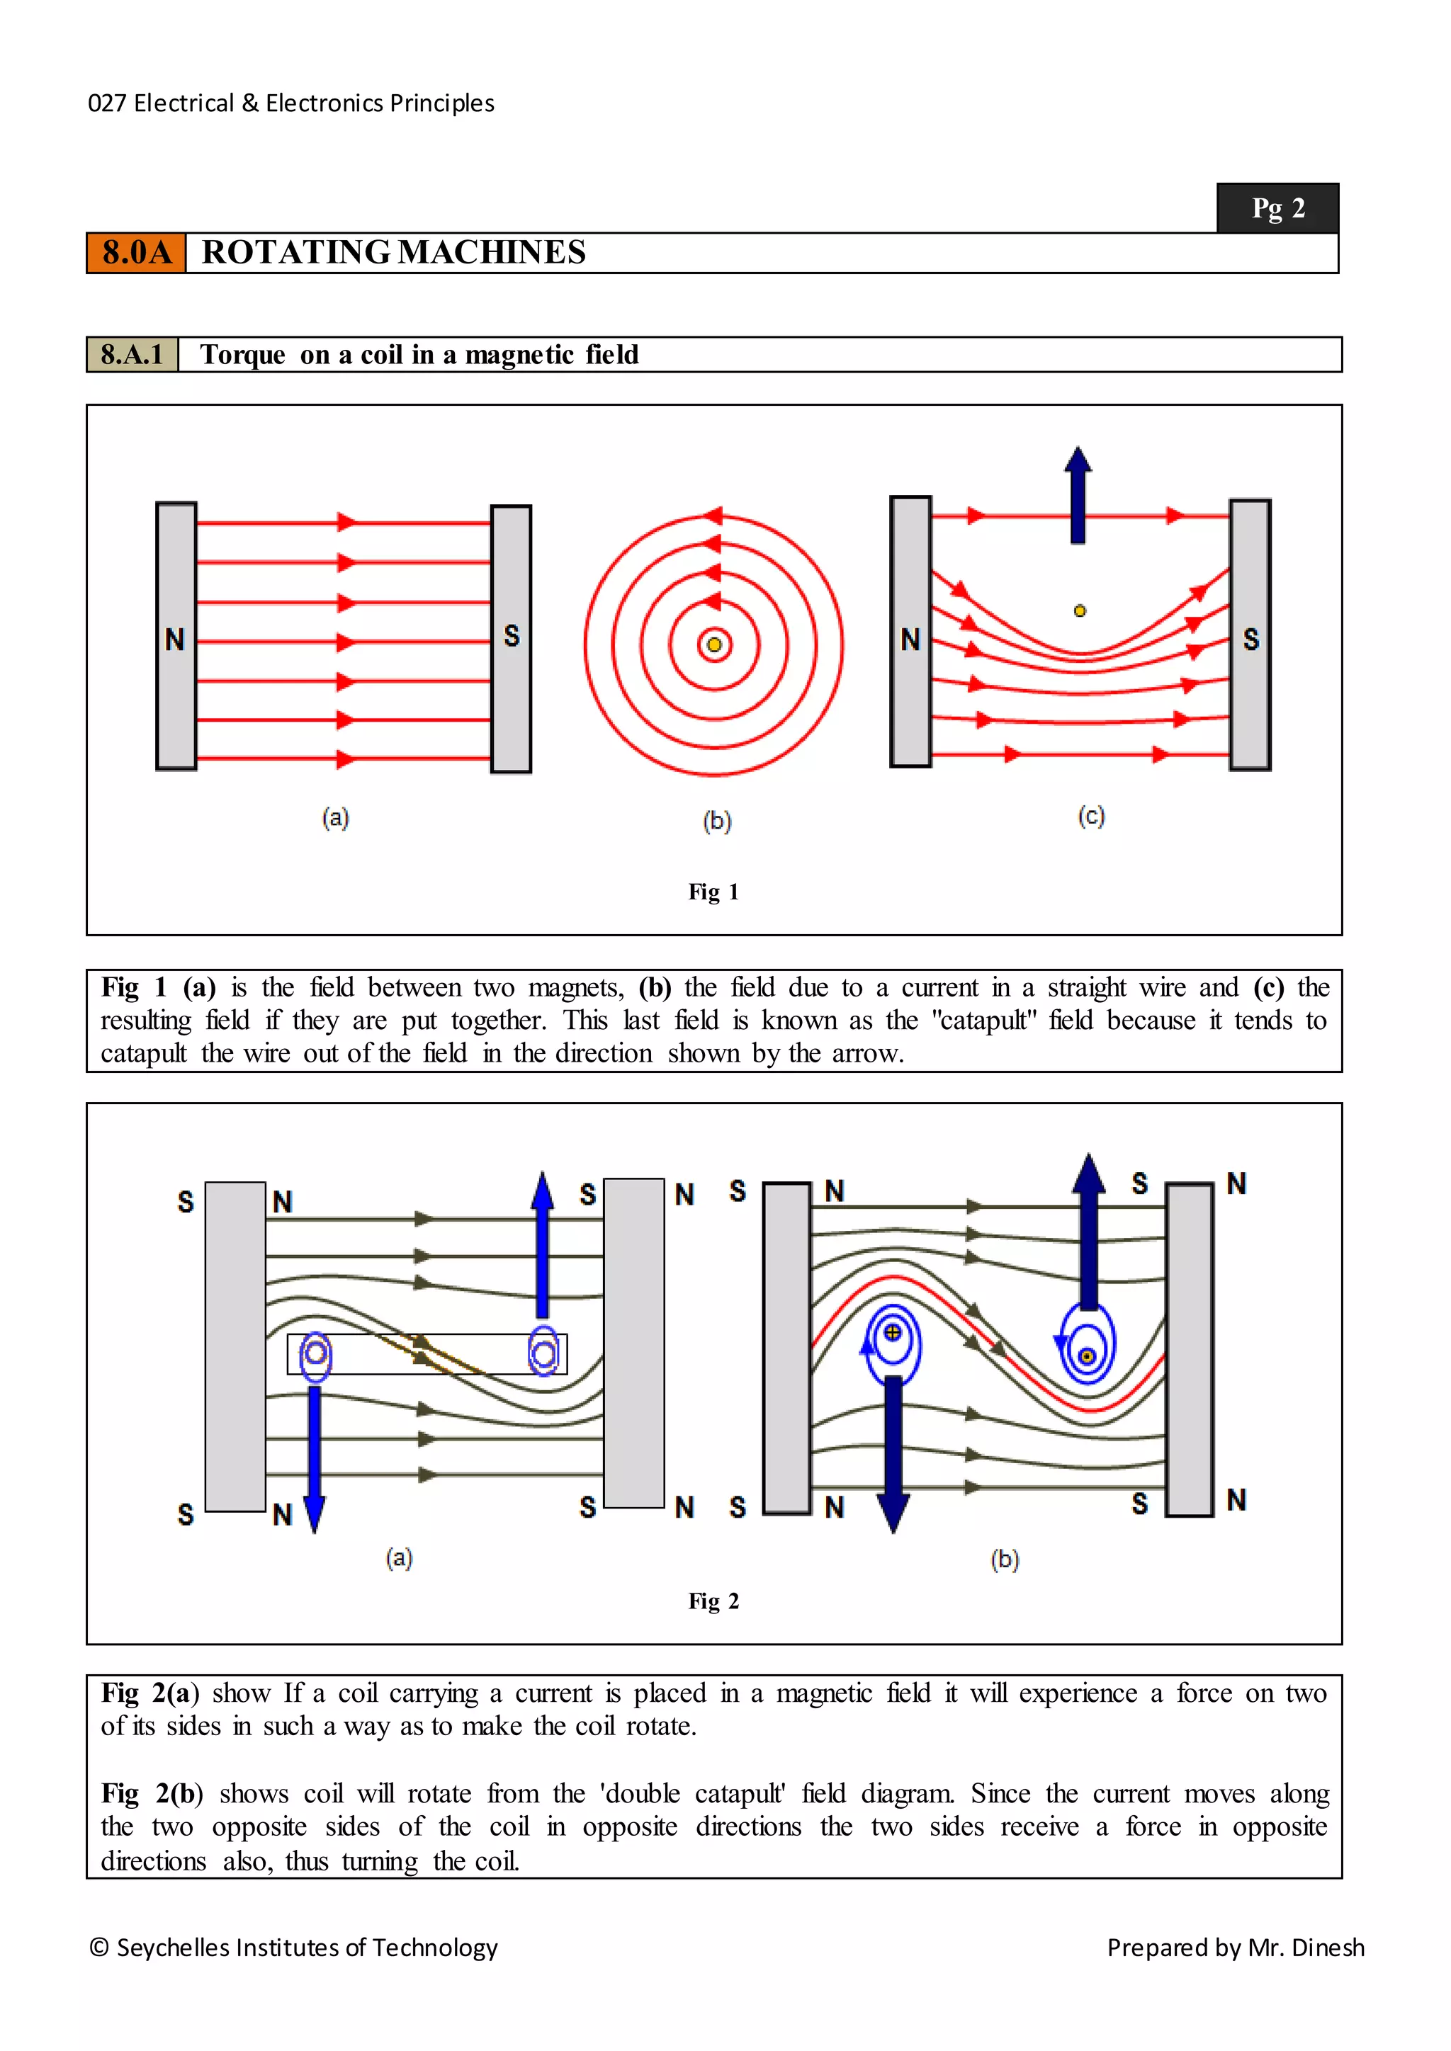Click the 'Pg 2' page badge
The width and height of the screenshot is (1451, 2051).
pyautogui.click(x=1277, y=208)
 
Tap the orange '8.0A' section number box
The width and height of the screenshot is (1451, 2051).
pyautogui.click(x=136, y=253)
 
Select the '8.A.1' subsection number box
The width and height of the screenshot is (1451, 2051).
pyautogui.click(x=132, y=355)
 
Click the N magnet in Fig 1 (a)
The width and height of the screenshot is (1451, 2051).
pyautogui.click(x=176, y=636)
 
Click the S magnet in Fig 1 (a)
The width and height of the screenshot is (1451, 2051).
pyautogui.click(x=511, y=638)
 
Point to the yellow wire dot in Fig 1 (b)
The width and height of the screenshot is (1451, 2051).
pyautogui.click(x=714, y=645)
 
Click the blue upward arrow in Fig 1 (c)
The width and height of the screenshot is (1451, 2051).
pyautogui.click(x=1078, y=496)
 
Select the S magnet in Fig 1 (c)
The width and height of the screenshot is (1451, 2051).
pyautogui.click(x=1250, y=635)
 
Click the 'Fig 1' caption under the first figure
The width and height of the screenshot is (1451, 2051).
pyautogui.click(x=713, y=892)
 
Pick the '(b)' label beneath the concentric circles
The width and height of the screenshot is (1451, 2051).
pyautogui.click(x=716, y=820)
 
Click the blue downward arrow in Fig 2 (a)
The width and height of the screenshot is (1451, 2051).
pyautogui.click(x=314, y=1456)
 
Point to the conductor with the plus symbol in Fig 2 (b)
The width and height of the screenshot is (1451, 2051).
pyautogui.click(x=892, y=1333)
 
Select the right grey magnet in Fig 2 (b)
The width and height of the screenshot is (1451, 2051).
pyautogui.click(x=1190, y=1349)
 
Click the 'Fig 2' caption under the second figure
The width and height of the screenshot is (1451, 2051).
pyautogui.click(x=713, y=1601)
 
